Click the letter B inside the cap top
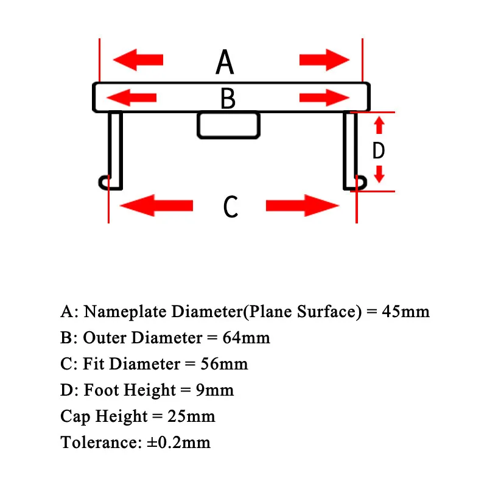tap(228, 99)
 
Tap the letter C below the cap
tap(230, 207)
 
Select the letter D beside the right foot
tap(379, 150)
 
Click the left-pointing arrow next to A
tap(138, 60)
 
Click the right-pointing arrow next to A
tap(324, 60)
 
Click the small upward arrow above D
tap(379, 125)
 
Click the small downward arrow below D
tap(379, 175)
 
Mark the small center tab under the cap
tap(228, 125)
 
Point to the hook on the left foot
tap(105, 181)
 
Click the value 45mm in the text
tap(406, 312)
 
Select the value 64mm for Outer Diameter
tap(246, 338)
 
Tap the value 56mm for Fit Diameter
tap(224, 364)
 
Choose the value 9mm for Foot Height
tap(215, 390)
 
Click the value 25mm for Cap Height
tap(191, 416)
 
